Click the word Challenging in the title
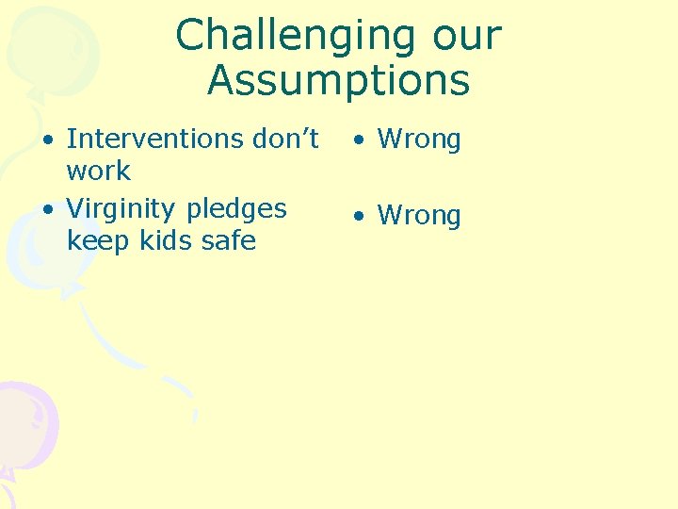coord(283,37)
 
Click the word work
coord(98,172)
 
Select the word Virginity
coord(128,208)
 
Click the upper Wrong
coord(419,140)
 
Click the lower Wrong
coord(419,216)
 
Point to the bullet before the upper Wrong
coord(359,141)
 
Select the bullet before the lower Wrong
coord(359,217)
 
